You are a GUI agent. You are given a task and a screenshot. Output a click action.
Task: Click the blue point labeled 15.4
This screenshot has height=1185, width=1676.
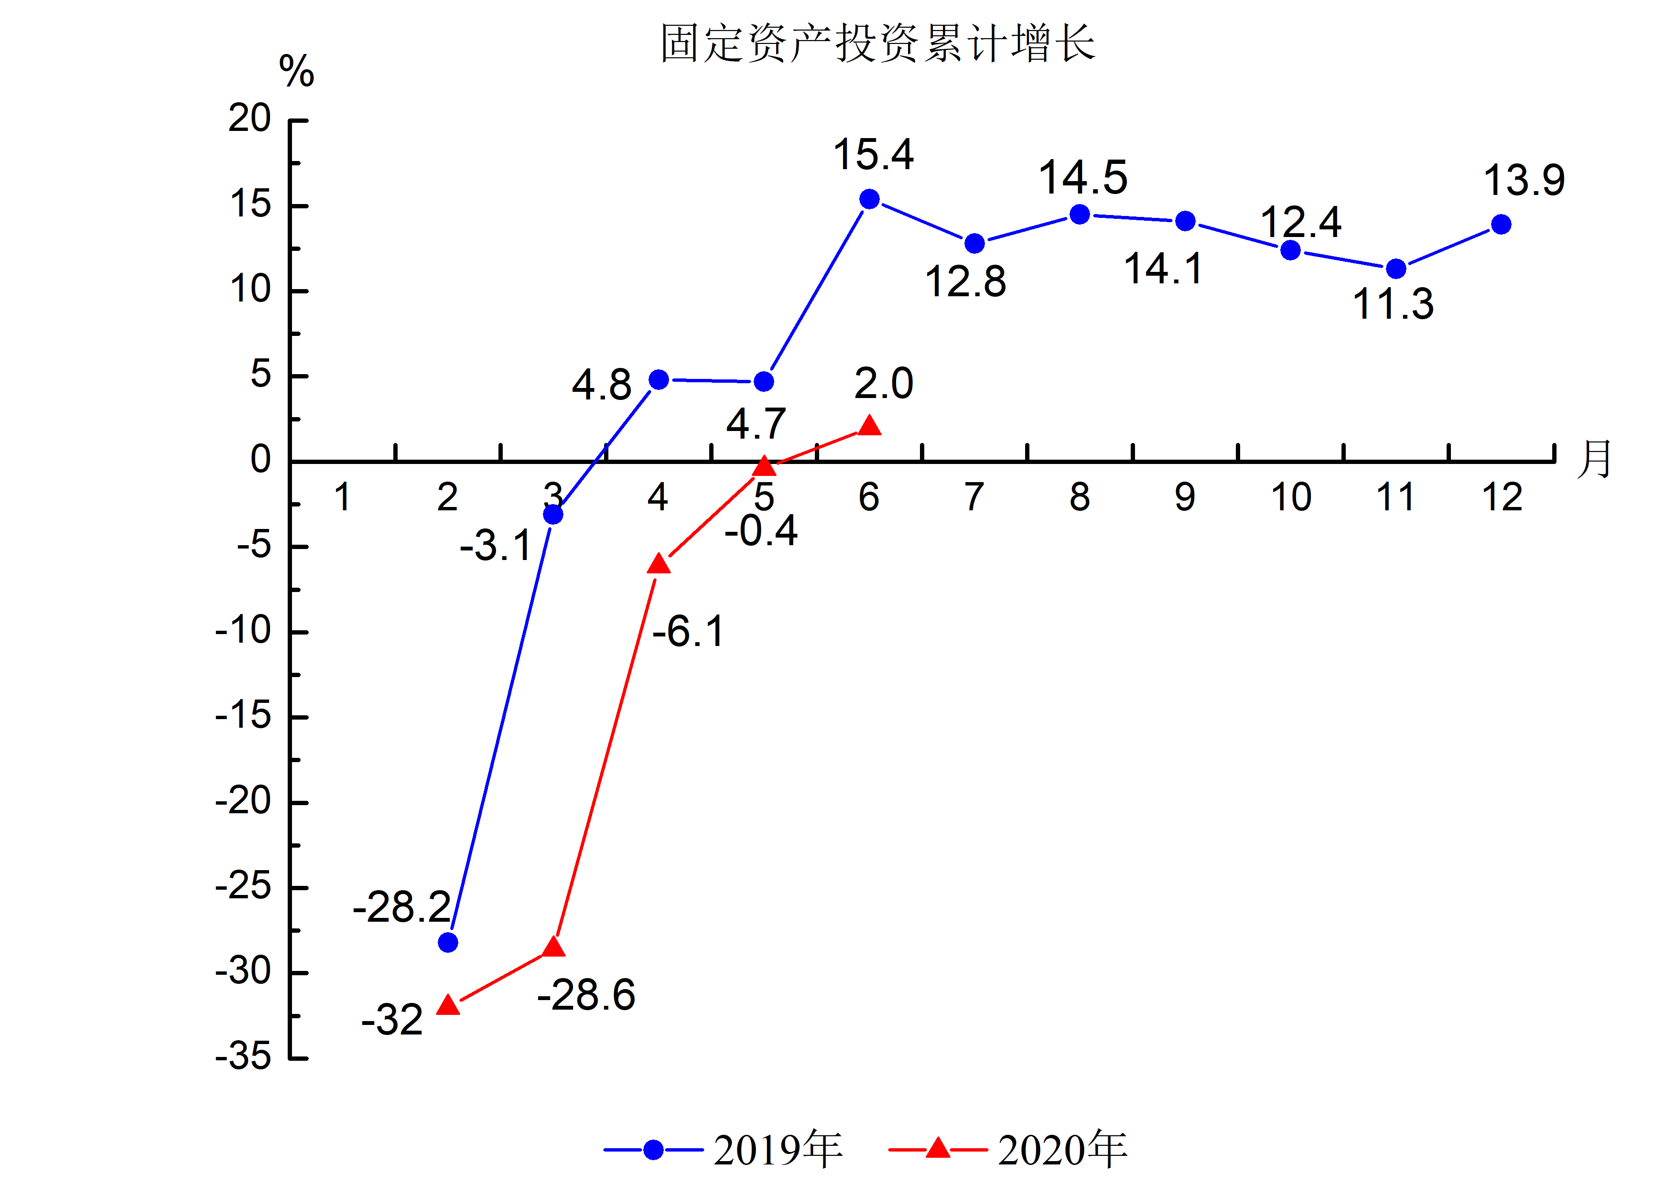point(869,199)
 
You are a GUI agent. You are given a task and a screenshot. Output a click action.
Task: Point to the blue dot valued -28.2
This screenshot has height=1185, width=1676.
point(448,943)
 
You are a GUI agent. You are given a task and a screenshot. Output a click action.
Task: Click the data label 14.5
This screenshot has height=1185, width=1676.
point(1083,178)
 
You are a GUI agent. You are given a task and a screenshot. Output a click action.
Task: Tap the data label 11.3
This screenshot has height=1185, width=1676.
point(1393,304)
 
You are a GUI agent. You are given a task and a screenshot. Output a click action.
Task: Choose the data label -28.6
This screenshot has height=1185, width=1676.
point(586,995)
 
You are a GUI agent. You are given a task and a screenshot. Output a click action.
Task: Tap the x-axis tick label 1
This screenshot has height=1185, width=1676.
point(342,497)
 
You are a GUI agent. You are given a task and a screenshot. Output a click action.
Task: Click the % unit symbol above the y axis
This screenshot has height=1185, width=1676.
point(296,72)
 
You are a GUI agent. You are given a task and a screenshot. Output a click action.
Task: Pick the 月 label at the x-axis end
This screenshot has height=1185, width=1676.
point(1593,460)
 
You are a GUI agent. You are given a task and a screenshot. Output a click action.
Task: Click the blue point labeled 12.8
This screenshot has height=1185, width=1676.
point(974,244)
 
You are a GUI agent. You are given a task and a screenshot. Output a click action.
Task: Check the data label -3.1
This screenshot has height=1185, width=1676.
point(496,546)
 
